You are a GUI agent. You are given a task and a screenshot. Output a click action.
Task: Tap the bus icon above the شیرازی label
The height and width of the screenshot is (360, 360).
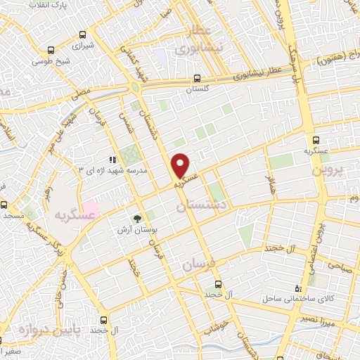coord(84,34)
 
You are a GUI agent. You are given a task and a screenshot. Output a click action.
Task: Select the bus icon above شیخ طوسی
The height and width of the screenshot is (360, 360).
coord(50,51)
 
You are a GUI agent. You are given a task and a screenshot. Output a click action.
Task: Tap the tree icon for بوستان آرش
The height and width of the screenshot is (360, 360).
coord(138,218)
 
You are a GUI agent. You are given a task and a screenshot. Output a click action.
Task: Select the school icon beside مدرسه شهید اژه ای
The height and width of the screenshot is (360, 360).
coord(112,160)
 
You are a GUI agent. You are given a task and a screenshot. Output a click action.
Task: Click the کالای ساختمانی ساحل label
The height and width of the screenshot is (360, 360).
coord(283,299)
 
